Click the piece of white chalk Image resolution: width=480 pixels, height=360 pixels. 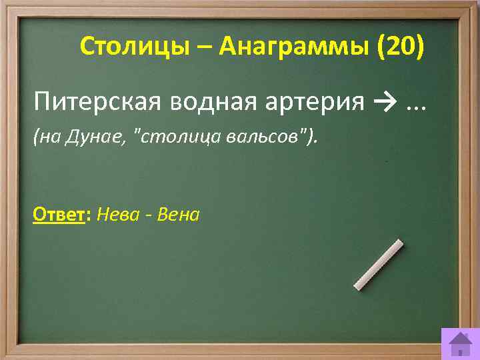[x=378, y=265]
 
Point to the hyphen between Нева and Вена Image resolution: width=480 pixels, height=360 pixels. [x=153, y=216]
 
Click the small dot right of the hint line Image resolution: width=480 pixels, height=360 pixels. [x=386, y=162]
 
